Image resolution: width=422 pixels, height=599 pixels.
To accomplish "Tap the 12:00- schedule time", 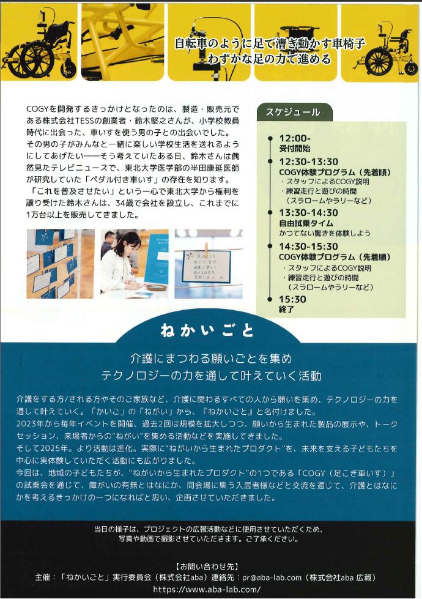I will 295,138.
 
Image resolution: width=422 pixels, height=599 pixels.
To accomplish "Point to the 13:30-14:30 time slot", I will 308,212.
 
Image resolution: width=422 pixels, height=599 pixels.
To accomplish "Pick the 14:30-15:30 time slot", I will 308,246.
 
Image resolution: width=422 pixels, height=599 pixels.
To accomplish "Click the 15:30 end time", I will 292,299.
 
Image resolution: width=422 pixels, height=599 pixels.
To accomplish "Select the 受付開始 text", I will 295,148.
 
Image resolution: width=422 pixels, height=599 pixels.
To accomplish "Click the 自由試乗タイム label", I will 306,223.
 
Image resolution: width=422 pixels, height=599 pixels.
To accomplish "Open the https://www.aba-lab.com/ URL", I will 207,589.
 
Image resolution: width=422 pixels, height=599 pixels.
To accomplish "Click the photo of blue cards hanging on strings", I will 60,264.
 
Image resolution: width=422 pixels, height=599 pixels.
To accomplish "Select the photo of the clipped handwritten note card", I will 208,264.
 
